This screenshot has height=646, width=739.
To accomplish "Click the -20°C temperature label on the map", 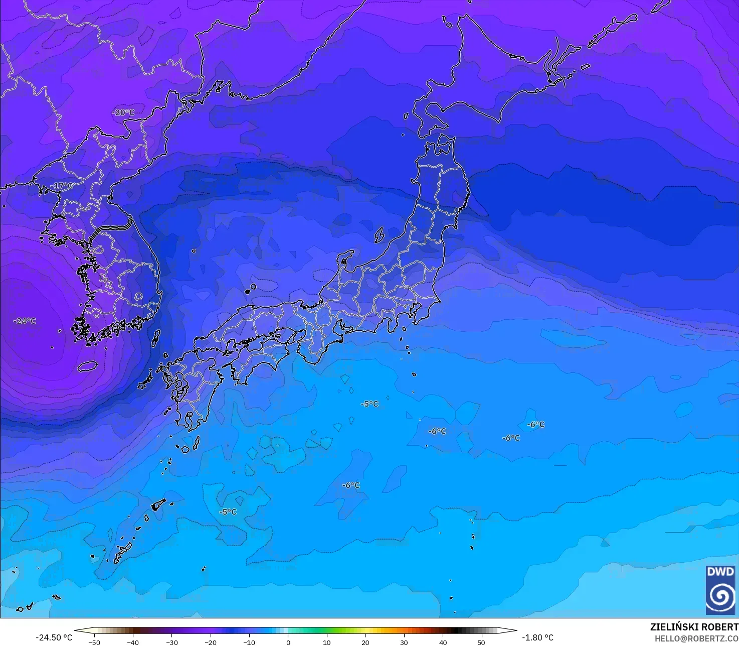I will pyautogui.click(x=123, y=112).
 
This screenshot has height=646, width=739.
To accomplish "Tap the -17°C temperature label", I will pyautogui.click(x=62, y=186).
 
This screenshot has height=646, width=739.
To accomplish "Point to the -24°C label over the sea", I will pyautogui.click(x=25, y=321).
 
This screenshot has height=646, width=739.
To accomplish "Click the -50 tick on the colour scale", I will pyautogui.click(x=94, y=642).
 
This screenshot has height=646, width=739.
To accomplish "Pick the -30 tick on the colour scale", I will pyautogui.click(x=171, y=642).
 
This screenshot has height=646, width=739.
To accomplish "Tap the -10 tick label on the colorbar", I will pyautogui.click(x=249, y=642).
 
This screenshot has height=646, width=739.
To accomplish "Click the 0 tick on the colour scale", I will pyautogui.click(x=288, y=642).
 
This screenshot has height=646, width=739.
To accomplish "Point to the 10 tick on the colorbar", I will pyautogui.click(x=326, y=642).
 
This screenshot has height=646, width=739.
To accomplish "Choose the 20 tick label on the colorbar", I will pyautogui.click(x=365, y=642).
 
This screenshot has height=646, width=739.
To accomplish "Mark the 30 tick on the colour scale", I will pyautogui.click(x=404, y=642).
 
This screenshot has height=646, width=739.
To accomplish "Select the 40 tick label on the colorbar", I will pyautogui.click(x=443, y=642).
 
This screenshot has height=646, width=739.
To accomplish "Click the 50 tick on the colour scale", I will pyautogui.click(x=481, y=642).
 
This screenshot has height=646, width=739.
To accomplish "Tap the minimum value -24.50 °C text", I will pyautogui.click(x=54, y=637).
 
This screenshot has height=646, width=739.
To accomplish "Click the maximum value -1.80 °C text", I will pyautogui.click(x=537, y=637).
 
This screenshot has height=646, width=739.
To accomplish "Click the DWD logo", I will pyautogui.click(x=720, y=590).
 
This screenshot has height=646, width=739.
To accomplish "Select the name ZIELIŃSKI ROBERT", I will pyautogui.click(x=694, y=627).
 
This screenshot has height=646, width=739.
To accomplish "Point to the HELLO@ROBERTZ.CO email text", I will pyautogui.click(x=696, y=638).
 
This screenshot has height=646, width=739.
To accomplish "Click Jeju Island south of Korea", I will pyautogui.click(x=87, y=366).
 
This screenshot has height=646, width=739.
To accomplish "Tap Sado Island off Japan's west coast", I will pyautogui.click(x=379, y=234).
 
